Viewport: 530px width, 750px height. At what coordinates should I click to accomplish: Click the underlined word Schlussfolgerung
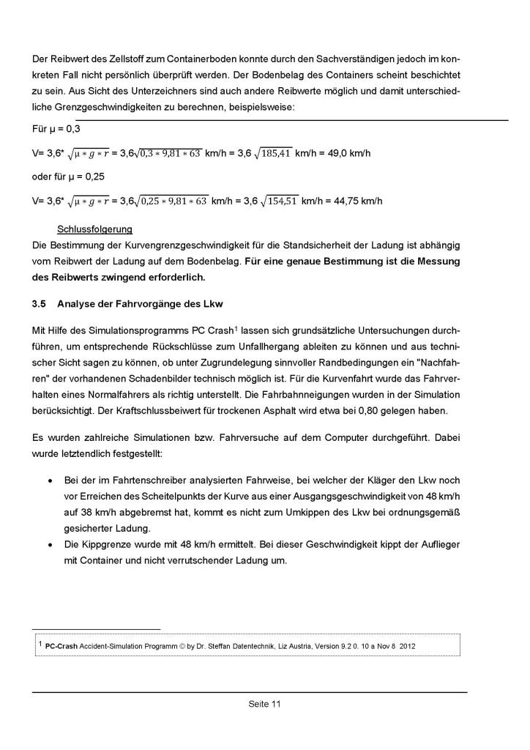[x=96, y=229]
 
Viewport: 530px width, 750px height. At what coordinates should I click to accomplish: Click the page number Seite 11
[x=265, y=705]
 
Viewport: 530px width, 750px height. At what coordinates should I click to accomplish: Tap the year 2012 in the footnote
[x=408, y=645]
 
